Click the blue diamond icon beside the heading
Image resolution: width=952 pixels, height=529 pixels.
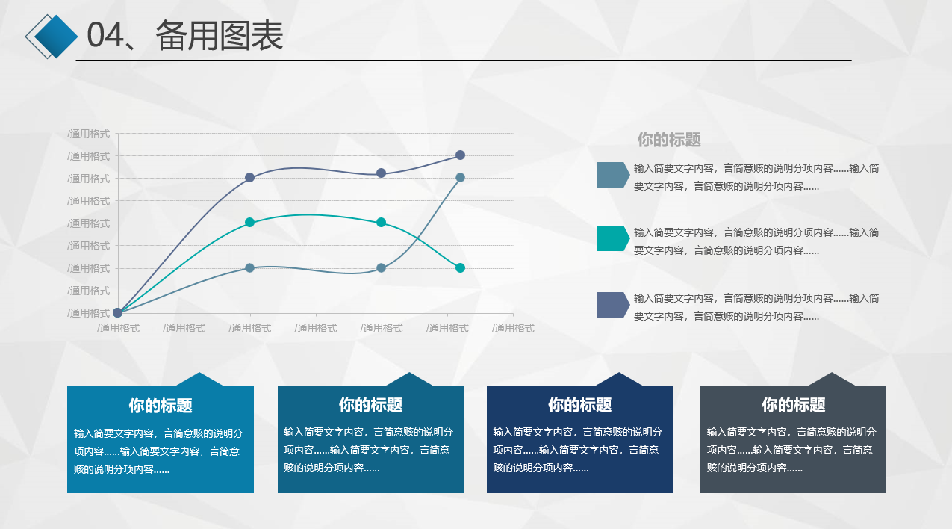click(x=56, y=37)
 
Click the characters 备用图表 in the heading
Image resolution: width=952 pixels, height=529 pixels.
click(x=220, y=36)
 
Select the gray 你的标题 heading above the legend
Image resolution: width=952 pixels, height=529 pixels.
click(x=668, y=140)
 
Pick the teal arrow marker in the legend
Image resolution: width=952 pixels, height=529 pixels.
click(x=613, y=238)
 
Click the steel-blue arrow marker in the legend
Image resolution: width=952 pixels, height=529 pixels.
click(x=613, y=175)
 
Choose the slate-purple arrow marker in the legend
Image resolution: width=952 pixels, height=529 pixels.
click(x=613, y=304)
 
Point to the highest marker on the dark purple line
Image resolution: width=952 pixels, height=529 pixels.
click(x=460, y=155)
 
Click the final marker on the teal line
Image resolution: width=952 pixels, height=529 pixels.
click(x=460, y=268)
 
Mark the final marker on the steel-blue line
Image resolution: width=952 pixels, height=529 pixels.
click(x=460, y=178)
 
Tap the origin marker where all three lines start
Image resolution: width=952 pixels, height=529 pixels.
click(x=118, y=313)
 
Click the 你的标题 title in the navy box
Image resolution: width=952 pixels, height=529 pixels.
click(x=579, y=405)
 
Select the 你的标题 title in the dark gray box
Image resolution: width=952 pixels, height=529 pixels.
click(x=793, y=405)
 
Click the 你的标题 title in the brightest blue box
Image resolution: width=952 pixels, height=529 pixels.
click(x=161, y=406)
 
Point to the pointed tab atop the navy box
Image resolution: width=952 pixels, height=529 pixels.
click(x=619, y=380)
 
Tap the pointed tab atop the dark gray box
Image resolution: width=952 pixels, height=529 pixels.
click(x=832, y=380)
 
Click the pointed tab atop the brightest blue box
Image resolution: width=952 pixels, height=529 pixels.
click(x=199, y=380)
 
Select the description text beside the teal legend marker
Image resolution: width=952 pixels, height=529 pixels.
click(x=756, y=241)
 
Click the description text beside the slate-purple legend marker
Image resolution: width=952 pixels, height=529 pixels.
click(x=756, y=307)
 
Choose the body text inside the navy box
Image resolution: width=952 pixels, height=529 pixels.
click(x=578, y=450)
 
